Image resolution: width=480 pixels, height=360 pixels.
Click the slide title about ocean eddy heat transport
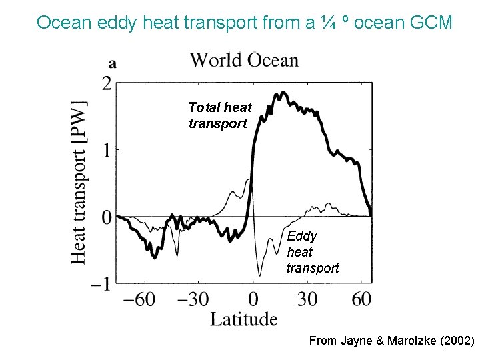[x=244, y=23]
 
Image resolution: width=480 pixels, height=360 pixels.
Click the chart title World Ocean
[x=244, y=60]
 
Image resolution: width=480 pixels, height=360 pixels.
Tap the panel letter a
[x=113, y=63]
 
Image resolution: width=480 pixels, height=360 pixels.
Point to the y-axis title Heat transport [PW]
[x=79, y=182]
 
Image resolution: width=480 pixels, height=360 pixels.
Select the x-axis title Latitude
[x=243, y=319]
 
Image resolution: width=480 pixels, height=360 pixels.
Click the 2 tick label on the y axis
[x=106, y=83]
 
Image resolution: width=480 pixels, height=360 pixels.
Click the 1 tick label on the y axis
[x=106, y=149]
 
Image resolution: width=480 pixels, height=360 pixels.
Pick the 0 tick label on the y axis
[x=106, y=217]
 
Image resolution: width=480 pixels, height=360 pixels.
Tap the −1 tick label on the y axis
[x=101, y=283]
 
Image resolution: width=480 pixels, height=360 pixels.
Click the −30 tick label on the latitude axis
[x=194, y=299]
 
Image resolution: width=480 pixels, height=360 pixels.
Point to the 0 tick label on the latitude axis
[x=253, y=299]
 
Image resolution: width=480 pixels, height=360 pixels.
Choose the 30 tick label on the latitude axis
[x=307, y=299]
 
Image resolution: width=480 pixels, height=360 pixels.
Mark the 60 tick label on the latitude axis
[x=361, y=299]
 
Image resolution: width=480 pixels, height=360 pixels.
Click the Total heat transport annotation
[x=220, y=115]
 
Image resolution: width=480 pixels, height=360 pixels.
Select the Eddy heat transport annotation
[x=312, y=252]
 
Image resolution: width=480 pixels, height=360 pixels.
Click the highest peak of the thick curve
[x=284, y=93]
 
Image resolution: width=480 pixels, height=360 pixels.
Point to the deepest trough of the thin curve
[x=259, y=275]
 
